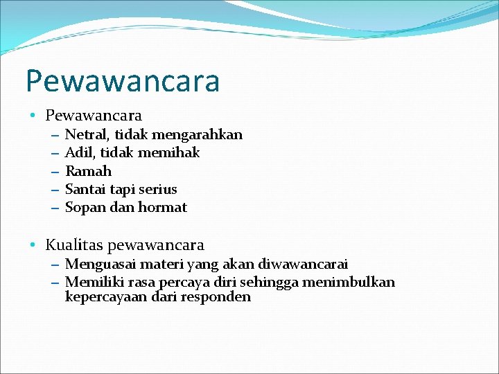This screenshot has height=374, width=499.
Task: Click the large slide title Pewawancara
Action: click(123, 81)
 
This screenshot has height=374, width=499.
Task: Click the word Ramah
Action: click(88, 171)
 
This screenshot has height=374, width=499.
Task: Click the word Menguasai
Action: click(98, 264)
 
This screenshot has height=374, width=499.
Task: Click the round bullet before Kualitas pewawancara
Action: click(33, 245)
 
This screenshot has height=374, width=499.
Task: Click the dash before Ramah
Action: click(55, 171)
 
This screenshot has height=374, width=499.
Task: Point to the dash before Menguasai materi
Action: click(55, 264)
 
